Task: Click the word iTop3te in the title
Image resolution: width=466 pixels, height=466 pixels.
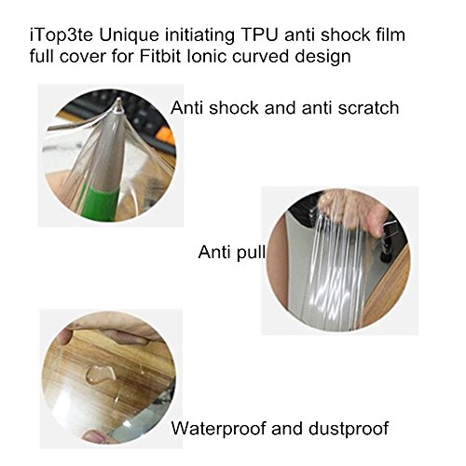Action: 62,34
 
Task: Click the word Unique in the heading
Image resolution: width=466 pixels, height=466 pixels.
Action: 129,35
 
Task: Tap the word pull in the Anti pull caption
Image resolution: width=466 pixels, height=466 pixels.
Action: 251,252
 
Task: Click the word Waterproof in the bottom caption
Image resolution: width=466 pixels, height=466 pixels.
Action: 219,429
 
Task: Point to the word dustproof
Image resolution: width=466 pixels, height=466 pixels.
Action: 349,429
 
